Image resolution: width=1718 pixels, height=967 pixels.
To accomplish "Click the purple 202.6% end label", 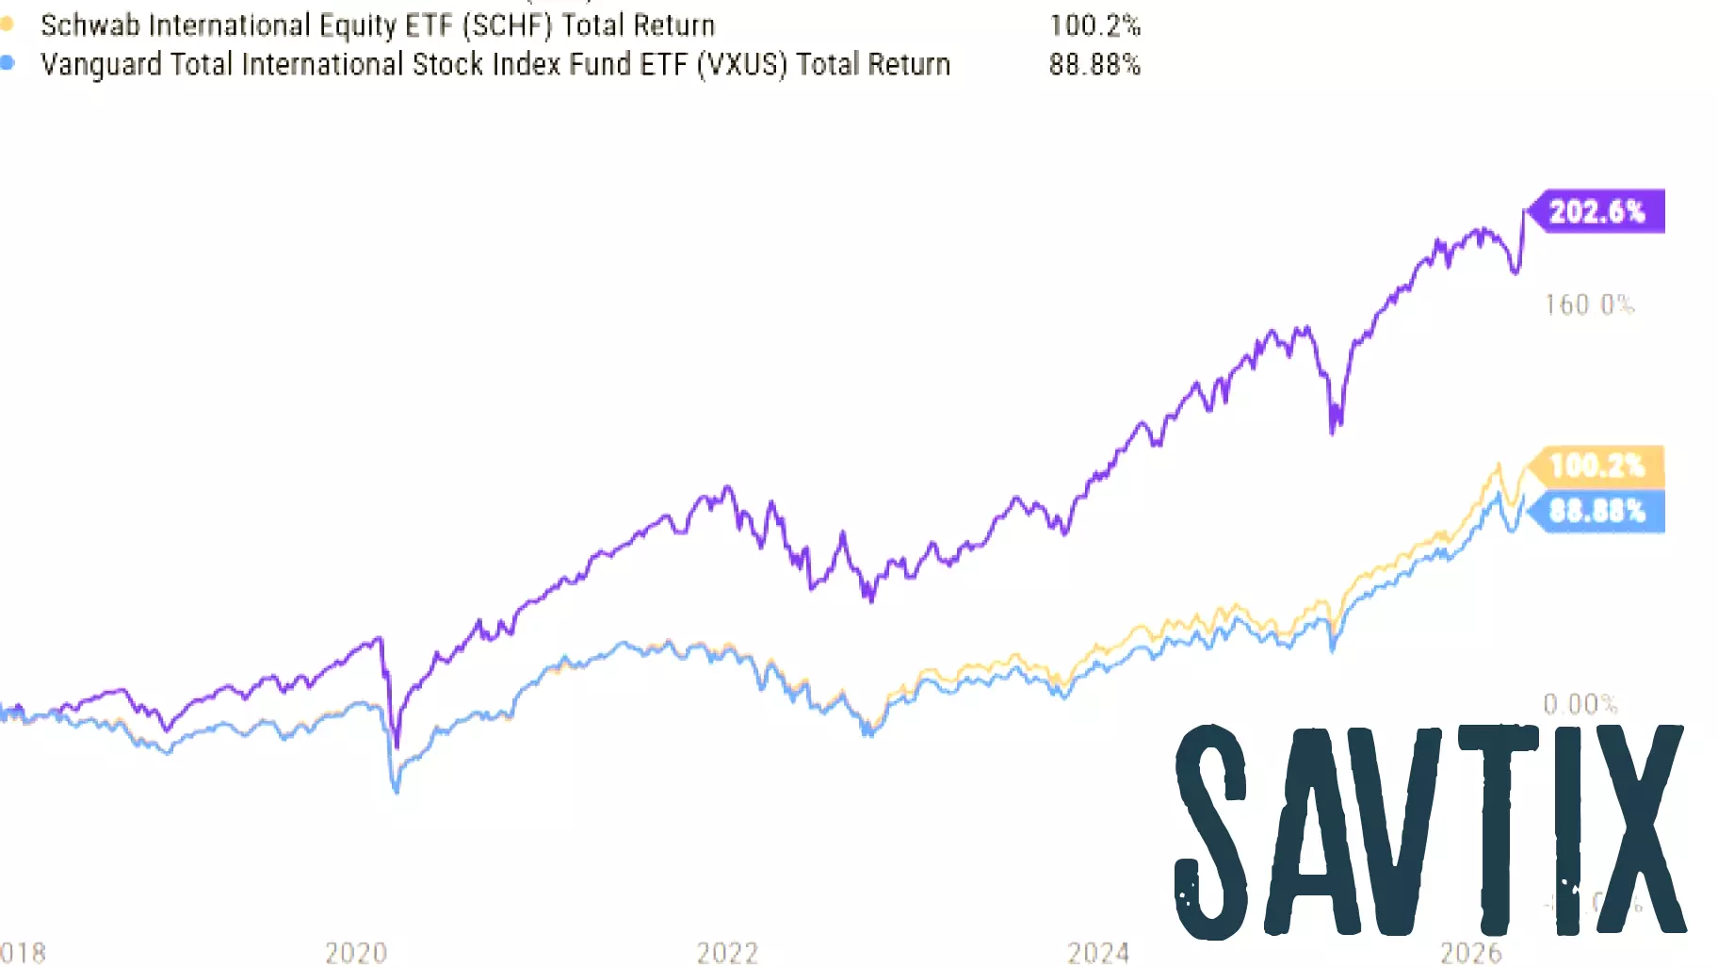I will point(1596,211).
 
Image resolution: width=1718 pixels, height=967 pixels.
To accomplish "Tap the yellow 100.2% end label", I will point(1596,466).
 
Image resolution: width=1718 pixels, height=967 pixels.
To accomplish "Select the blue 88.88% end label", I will point(1596,512).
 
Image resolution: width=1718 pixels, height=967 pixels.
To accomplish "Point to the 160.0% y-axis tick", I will point(1589,304).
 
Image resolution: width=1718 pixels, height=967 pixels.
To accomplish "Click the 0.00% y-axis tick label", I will point(1580,704).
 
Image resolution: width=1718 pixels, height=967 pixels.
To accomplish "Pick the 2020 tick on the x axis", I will point(356,953).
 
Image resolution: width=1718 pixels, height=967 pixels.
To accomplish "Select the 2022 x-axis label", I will point(727,953).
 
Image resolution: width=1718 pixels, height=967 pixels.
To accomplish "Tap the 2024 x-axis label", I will point(1098,953).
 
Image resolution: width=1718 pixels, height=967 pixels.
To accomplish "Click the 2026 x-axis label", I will point(1470,953).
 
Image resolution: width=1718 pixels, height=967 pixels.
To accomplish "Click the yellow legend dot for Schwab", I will point(7,24).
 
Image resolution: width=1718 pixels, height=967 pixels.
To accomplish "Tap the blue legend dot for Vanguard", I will point(7,63).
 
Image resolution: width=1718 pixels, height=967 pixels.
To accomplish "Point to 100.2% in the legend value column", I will point(1094,25).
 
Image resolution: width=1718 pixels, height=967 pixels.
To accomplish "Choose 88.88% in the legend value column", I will point(1094,64).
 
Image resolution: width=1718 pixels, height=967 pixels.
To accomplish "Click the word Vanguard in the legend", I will point(101,64).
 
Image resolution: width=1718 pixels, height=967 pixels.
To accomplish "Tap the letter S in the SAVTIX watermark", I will point(1213,831).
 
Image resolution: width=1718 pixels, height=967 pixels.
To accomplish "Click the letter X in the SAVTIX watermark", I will point(1637,829).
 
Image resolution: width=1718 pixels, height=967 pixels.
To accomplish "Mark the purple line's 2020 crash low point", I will point(397,745).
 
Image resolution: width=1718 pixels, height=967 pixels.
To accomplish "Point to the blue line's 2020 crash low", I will point(397,790).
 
